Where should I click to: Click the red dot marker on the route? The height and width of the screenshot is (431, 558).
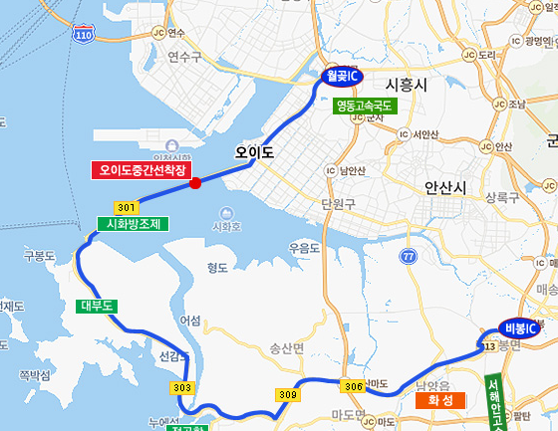coord(195,182)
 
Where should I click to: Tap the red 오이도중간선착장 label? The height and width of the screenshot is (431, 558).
coord(142,169)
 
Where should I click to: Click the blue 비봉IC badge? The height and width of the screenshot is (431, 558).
coord(519,328)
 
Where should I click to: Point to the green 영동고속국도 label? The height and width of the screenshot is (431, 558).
coord(366,105)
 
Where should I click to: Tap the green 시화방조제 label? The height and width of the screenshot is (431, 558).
coord(133,224)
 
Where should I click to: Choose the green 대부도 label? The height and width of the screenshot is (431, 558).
coord(98,307)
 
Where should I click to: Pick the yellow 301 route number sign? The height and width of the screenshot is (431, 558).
coord(126,207)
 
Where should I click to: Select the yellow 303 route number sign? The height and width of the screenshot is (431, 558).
coord(181,387)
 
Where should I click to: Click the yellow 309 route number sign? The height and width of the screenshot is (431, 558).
coord(288,395)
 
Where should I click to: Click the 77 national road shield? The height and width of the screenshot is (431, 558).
coord(408,257)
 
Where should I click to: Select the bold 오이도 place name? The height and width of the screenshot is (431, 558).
coord(253,152)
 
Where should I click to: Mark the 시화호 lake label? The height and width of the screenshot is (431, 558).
coord(227,226)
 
